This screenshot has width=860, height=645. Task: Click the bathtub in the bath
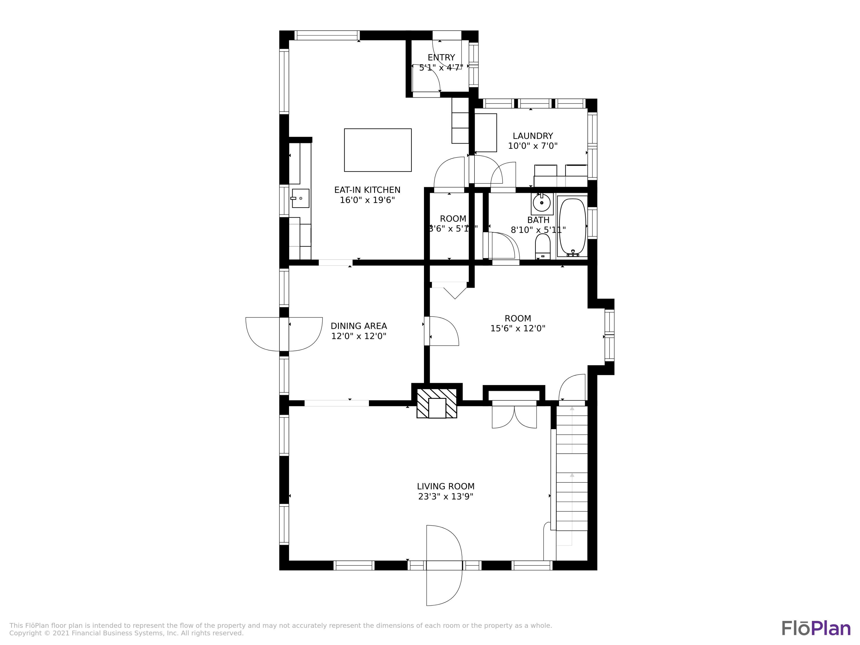pos(572,226)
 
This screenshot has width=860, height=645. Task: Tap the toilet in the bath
pos(543,247)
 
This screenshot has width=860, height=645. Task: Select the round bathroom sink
pos(542,203)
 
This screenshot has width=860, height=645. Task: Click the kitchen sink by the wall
pos(300,198)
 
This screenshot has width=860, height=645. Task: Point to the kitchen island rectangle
pos(378,150)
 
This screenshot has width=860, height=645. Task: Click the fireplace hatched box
pos(437,403)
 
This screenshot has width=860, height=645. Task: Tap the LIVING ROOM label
pos(445,486)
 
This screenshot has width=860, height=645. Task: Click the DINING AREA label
pos(358,326)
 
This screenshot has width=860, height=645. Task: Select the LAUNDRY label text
pos(533,136)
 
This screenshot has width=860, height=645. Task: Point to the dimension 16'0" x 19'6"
pos(367,200)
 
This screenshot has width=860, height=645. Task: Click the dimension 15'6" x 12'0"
pos(517,329)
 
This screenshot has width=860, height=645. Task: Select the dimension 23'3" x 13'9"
pos(445,497)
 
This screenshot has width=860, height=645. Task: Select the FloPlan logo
pos(816,628)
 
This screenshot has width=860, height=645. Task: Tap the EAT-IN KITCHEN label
pos(367,190)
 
